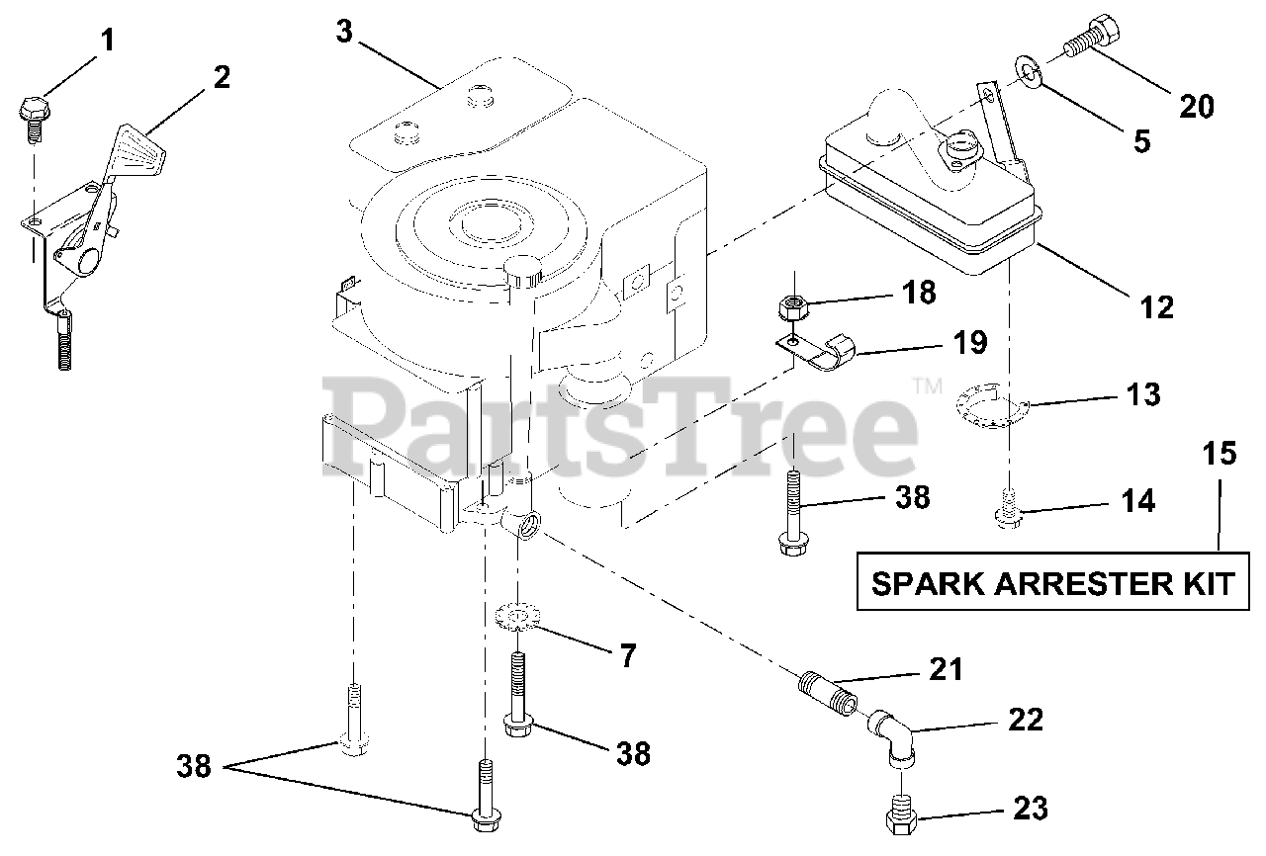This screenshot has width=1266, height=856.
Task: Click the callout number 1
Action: click(106, 41)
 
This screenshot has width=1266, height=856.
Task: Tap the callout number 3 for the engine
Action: click(343, 31)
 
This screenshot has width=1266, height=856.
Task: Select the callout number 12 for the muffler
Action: click(1155, 306)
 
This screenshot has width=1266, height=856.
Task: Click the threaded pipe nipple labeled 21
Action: click(829, 692)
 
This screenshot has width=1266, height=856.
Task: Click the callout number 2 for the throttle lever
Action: click(222, 78)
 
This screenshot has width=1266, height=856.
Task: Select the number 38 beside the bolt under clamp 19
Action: click(911, 497)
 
